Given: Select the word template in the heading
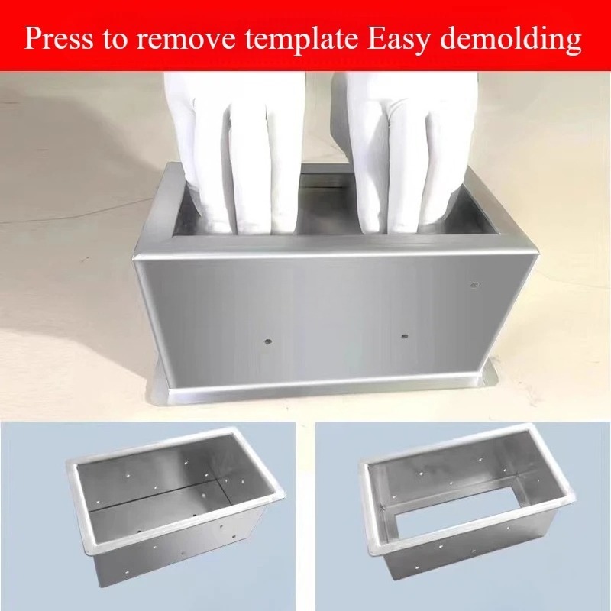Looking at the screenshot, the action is point(302,40).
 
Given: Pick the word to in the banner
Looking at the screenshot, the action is point(115,40).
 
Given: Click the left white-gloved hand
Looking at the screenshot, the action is point(234,152).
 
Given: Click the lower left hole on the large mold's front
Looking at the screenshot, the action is point(268,341).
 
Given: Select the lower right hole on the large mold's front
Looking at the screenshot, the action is point(405,335).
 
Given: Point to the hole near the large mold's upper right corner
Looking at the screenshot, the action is point(474,285).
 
